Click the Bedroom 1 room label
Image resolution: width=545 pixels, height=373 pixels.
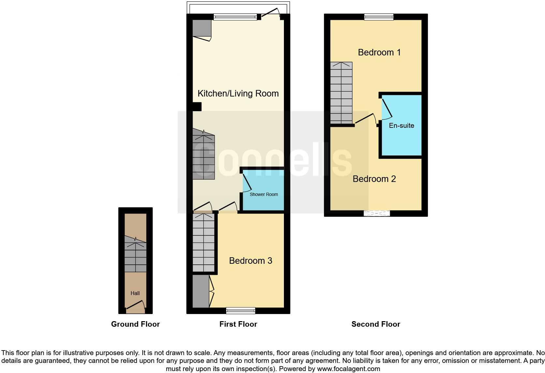[x=379, y=52]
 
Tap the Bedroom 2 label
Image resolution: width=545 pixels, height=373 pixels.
[x=374, y=179]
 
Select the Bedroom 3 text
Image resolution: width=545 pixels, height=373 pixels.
[x=250, y=261]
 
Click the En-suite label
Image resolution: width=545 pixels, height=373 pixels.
[x=401, y=126]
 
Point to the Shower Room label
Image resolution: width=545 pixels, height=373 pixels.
[x=264, y=194]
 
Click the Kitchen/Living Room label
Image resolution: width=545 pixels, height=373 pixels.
[x=238, y=94]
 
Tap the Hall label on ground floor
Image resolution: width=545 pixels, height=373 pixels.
[x=135, y=293]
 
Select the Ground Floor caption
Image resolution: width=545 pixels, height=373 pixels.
[x=135, y=324]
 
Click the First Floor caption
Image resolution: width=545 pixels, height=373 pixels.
[x=238, y=324]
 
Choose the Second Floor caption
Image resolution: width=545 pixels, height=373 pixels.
[x=376, y=324]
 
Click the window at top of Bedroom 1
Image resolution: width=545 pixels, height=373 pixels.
[x=379, y=17]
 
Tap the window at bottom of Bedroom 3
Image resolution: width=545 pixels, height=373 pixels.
[x=241, y=310]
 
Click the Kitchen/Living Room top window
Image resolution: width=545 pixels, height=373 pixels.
[x=235, y=17]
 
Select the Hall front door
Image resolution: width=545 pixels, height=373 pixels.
[x=136, y=306]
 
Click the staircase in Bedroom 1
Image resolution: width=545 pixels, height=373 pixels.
[x=341, y=93]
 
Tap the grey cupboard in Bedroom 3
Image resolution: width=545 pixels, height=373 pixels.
[x=200, y=291]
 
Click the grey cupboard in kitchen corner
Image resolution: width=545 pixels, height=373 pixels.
[x=202, y=28]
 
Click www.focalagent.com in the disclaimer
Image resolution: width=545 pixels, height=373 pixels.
[x=348, y=369]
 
